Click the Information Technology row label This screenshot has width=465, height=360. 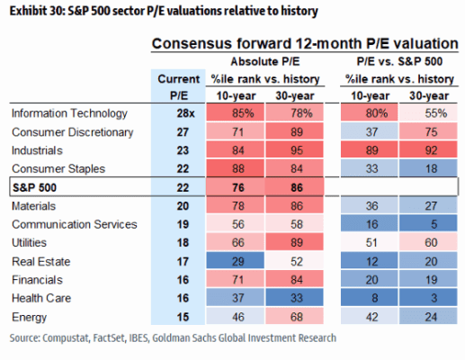(69, 113)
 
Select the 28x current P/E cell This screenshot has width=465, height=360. (185, 113)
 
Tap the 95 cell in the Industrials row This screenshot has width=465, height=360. (295, 150)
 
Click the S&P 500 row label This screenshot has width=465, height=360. (34, 187)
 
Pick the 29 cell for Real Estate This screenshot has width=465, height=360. (236, 261)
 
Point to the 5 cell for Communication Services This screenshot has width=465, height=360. (428, 224)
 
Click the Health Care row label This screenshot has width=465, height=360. (41, 298)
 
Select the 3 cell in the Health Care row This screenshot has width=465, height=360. (428, 298)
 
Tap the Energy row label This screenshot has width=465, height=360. (29, 317)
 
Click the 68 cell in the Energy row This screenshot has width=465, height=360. (295, 316)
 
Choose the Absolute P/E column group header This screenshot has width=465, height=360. (265, 61)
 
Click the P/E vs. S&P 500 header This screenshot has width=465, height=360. (399, 61)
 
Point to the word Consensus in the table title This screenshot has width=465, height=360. (192, 44)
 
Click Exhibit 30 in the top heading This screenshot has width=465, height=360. (37, 11)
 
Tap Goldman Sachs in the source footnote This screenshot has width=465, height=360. (184, 337)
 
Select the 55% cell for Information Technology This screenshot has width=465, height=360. (428, 112)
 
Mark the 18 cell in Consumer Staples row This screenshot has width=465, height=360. (428, 168)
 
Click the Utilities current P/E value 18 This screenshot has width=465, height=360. (183, 242)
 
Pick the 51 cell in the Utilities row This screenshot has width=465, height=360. (370, 242)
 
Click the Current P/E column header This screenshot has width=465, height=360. (178, 87)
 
